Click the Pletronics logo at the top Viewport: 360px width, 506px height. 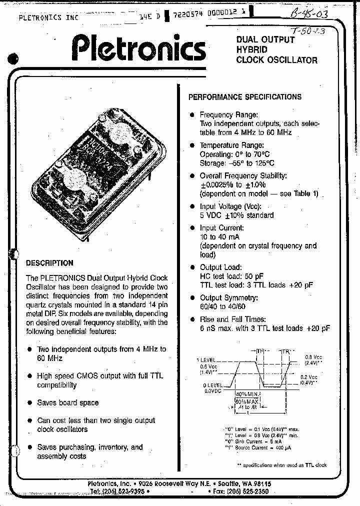(x=138, y=49)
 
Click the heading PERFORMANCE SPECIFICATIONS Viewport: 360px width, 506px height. (x=244, y=97)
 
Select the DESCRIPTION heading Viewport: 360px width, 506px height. (x=49, y=263)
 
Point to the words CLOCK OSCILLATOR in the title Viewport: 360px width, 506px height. (x=276, y=60)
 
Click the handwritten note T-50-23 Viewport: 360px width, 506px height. (x=309, y=30)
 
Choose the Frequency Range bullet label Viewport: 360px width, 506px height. (x=229, y=114)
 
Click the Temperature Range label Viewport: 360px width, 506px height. (x=232, y=145)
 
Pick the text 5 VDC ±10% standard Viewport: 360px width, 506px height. (x=236, y=215)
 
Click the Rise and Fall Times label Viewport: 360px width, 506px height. (x=233, y=319)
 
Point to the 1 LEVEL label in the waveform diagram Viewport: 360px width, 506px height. (x=207, y=359)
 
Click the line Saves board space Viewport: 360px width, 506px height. (x=68, y=402)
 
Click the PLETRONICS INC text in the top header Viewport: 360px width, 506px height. (x=48, y=17)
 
